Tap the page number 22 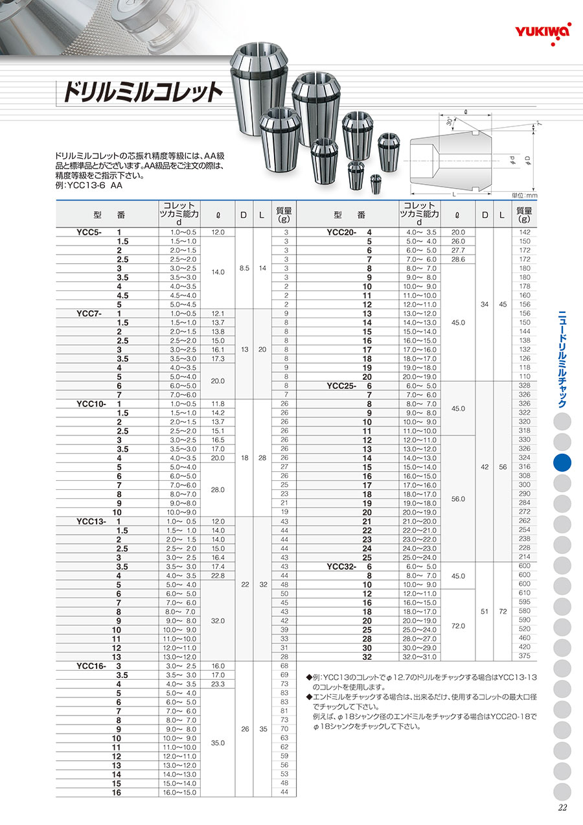coord(562,807)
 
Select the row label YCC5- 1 coord(98,232)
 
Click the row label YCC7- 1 coord(98,313)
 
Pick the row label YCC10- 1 coord(98,403)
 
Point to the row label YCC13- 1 coord(98,521)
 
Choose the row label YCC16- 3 coord(98,666)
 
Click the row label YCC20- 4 coord(350,232)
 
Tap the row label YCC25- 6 coord(350,385)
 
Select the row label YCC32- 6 coord(350,566)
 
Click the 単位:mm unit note coord(525,195)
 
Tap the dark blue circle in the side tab coord(562,463)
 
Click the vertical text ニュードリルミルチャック coord(562,360)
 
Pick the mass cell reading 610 coord(525,593)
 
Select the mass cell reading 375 coord(525,656)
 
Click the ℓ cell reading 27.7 coord(459,250)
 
